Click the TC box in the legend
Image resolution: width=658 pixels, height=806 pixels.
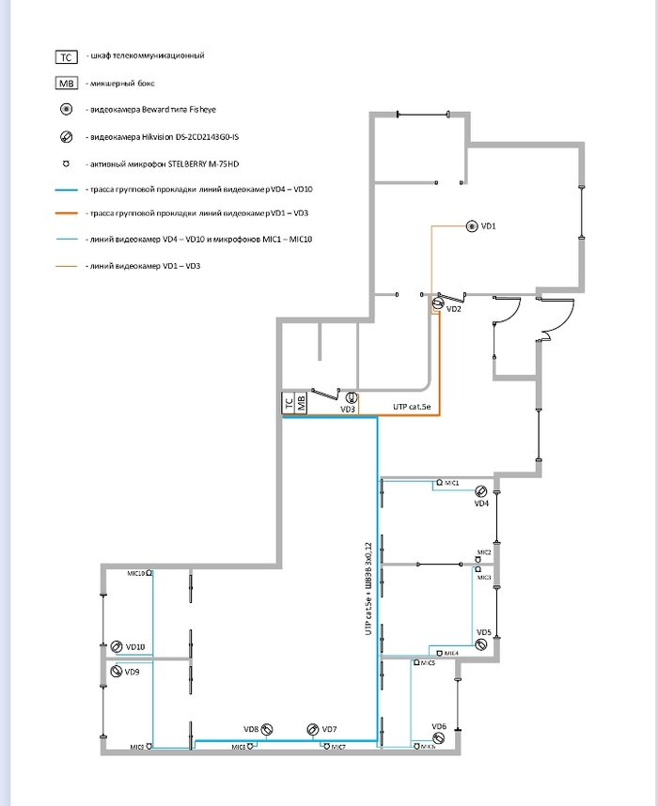[66, 56]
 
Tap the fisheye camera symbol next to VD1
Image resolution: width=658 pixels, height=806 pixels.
[471, 226]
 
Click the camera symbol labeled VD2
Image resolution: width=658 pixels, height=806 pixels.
[437, 303]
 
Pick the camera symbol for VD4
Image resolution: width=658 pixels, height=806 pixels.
[481, 491]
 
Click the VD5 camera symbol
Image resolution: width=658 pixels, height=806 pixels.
[481, 644]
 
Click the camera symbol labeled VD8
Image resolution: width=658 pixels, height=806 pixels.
[268, 729]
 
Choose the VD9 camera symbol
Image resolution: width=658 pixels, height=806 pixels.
[117, 672]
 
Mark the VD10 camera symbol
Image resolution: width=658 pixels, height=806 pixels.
[117, 646]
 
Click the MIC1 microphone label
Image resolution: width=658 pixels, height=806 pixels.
[451, 482]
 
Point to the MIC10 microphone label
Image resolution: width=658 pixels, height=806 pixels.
[135, 572]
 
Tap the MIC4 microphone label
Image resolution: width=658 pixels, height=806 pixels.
[450, 652]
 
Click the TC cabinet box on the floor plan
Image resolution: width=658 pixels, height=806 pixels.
[289, 404]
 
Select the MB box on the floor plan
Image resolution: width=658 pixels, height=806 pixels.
[301, 404]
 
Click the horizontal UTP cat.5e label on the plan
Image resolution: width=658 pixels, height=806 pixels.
[411, 407]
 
